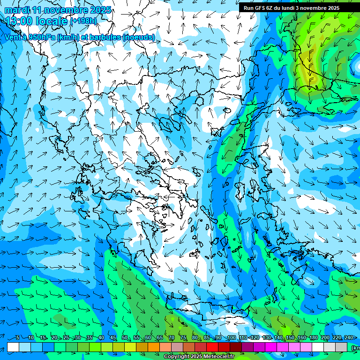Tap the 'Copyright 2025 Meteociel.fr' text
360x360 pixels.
click(x=199, y=357)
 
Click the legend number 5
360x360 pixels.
click(x=18, y=338)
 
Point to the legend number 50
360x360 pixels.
click(x=125, y=338)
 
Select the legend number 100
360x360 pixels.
click(x=231, y=338)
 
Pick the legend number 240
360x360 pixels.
click(x=349, y=338)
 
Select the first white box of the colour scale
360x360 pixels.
click(x=13, y=347)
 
